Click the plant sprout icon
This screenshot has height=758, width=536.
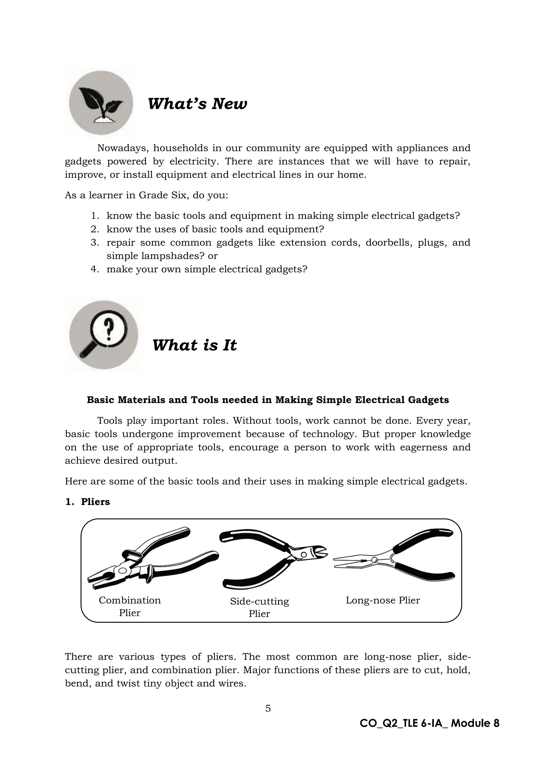coord(101,103)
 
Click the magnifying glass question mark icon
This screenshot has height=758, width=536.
coord(103,334)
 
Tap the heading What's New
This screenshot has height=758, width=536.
coord(197,104)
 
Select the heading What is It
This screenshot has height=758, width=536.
coord(194,345)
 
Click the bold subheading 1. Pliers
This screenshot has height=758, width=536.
coord(87,502)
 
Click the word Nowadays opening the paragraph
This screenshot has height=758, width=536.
coord(120,148)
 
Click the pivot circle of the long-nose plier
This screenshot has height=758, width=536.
coord(374,560)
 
